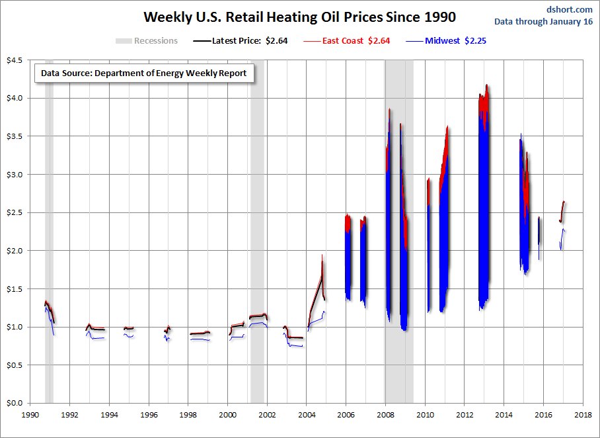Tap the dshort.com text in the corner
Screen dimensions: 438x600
[x=569, y=9]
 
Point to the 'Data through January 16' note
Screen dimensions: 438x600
[x=552, y=22]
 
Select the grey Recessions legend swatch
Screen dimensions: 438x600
[x=124, y=41]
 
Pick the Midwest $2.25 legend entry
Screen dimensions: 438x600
[x=455, y=41]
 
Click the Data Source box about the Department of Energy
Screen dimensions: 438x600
[x=143, y=73]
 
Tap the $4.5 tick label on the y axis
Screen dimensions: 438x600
[x=14, y=60]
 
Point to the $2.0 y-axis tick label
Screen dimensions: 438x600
[x=14, y=251]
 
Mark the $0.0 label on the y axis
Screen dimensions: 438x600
[x=14, y=403]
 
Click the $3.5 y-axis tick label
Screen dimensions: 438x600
[x=14, y=136]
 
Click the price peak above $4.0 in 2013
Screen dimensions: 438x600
[x=486, y=85]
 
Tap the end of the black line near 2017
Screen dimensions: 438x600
[x=564, y=202]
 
